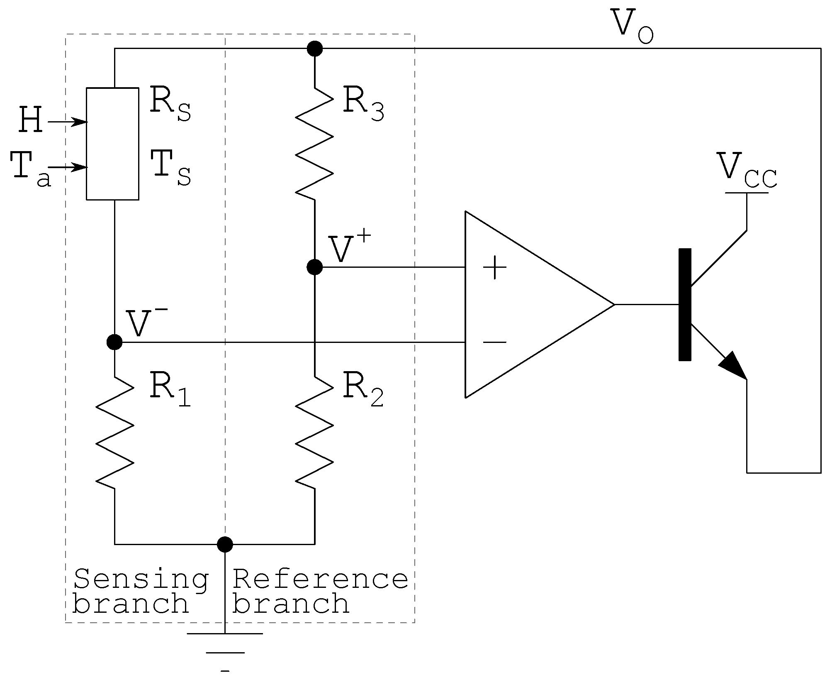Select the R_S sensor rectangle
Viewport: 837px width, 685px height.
pyautogui.click(x=112, y=144)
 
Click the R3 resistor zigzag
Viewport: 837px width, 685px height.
pyautogui.click(x=314, y=144)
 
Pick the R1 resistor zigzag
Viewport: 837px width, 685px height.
pyautogui.click(x=114, y=433)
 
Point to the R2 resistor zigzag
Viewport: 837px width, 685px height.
pyautogui.click(x=314, y=433)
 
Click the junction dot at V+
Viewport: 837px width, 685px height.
pyautogui.click(x=314, y=267)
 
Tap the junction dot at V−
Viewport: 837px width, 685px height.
pyautogui.click(x=114, y=342)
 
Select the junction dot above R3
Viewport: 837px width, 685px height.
pyautogui.click(x=314, y=49)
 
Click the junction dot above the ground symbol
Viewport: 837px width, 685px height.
pyautogui.click(x=225, y=544)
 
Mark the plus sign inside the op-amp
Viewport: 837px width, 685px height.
pyautogui.click(x=494, y=268)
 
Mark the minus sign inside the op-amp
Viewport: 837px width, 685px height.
pyautogui.click(x=494, y=342)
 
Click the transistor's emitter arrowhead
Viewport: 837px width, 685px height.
pyautogui.click(x=734, y=365)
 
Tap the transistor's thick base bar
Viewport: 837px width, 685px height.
pyautogui.click(x=685, y=304)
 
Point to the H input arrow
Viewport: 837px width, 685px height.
pyautogui.click(x=66, y=122)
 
